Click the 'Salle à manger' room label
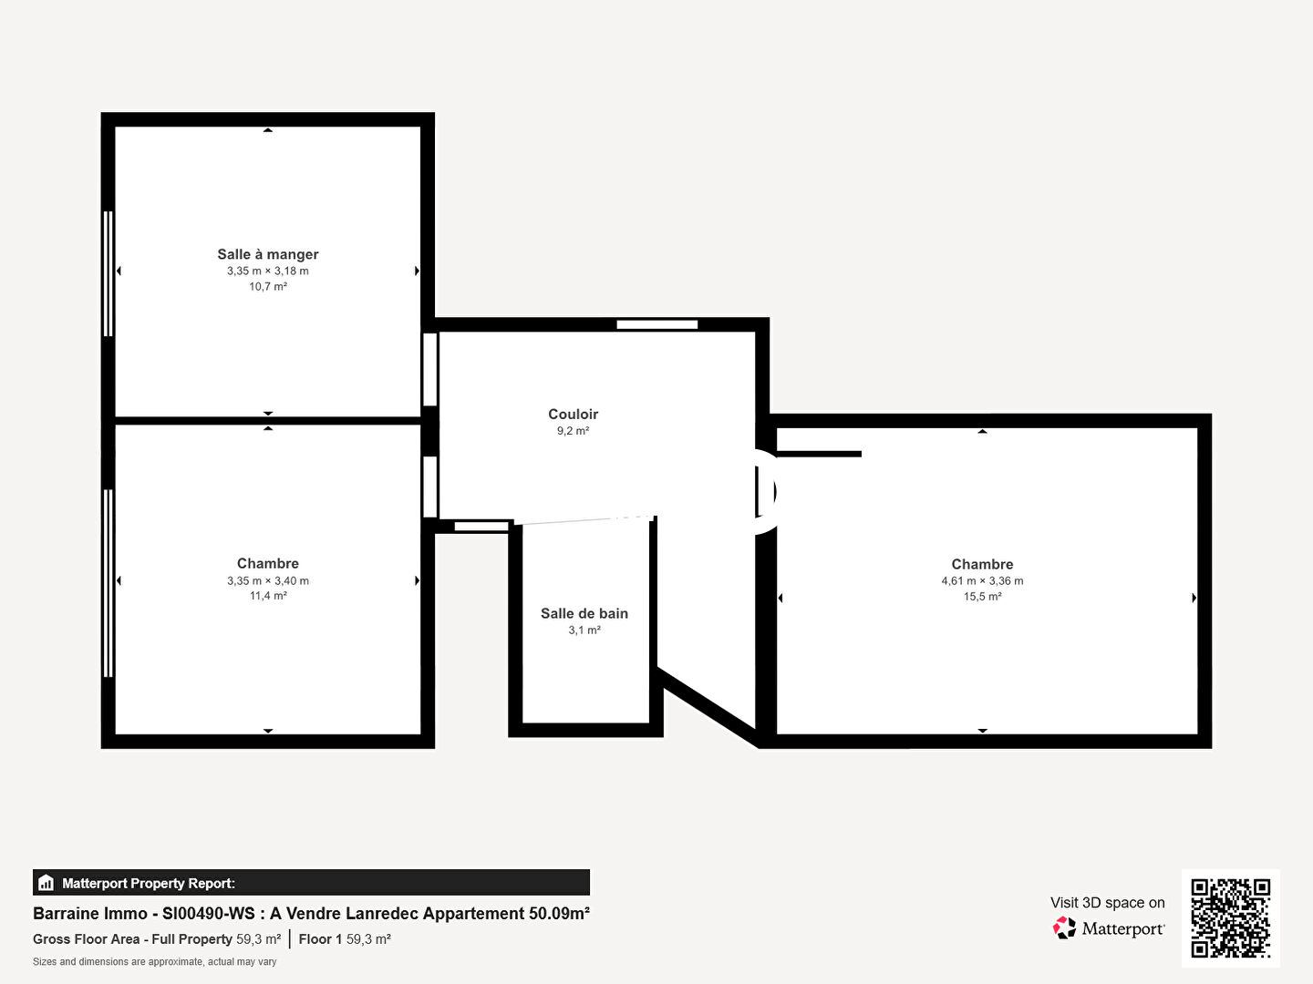click(x=268, y=254)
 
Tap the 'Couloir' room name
click(x=573, y=414)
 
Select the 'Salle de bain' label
click(x=584, y=613)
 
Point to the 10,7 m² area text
click(x=268, y=287)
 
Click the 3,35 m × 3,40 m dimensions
click(x=268, y=580)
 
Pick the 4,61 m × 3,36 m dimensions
click(x=982, y=580)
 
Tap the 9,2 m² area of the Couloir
click(x=573, y=431)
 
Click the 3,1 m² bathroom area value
click(x=584, y=630)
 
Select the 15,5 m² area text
click(x=982, y=596)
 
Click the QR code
click(x=1230, y=917)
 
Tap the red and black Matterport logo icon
click(x=1064, y=928)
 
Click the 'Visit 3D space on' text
click(x=1107, y=903)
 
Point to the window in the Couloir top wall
click(x=656, y=324)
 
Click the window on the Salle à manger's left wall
click(x=109, y=273)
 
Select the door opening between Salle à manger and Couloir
click(x=430, y=369)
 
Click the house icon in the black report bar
click(x=47, y=883)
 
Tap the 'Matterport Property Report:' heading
click(x=149, y=883)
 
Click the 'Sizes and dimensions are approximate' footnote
click(x=154, y=962)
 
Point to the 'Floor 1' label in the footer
click(x=320, y=939)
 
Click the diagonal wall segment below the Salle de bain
click(x=708, y=706)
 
